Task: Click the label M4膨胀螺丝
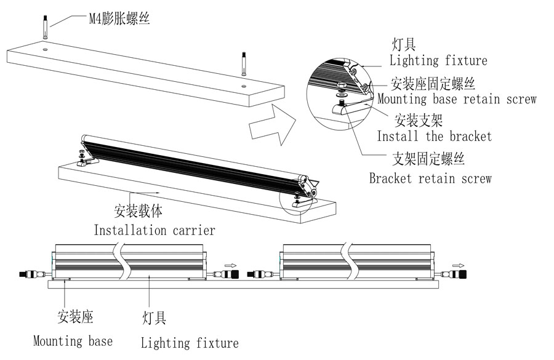pyautogui.click(x=119, y=18)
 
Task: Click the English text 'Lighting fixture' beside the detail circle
pyautogui.click(x=438, y=60)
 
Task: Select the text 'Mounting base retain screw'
pyautogui.click(x=456, y=98)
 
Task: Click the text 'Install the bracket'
pyautogui.click(x=434, y=135)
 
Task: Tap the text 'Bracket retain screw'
pyautogui.click(x=430, y=178)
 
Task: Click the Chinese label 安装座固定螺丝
pyautogui.click(x=433, y=83)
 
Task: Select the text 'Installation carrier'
pyautogui.click(x=154, y=230)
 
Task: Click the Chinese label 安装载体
pyautogui.click(x=138, y=211)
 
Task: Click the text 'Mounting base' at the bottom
pyautogui.click(x=73, y=340)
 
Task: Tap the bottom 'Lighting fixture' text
pyautogui.click(x=189, y=342)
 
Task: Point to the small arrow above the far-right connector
pyautogui.click(x=459, y=265)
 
